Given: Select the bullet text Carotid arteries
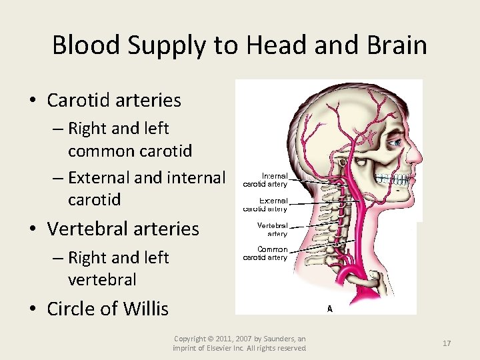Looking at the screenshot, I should coord(114,101).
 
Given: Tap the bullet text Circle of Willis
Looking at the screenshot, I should coord(107,309).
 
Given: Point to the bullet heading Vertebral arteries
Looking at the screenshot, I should coord(123,229).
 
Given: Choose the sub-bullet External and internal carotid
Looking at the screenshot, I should coord(146,189).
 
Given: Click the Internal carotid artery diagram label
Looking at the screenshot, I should coord(265,179).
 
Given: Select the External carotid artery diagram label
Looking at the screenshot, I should coord(265,204).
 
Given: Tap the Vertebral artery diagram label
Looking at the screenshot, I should coord(272,229).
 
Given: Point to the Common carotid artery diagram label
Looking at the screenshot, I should coord(265,253).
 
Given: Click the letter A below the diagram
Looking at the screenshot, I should coord(329,308).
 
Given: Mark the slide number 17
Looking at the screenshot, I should coord(447,343).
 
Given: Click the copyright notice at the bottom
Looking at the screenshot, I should coord(239,343).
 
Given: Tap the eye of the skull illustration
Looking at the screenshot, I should coord(395,141).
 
